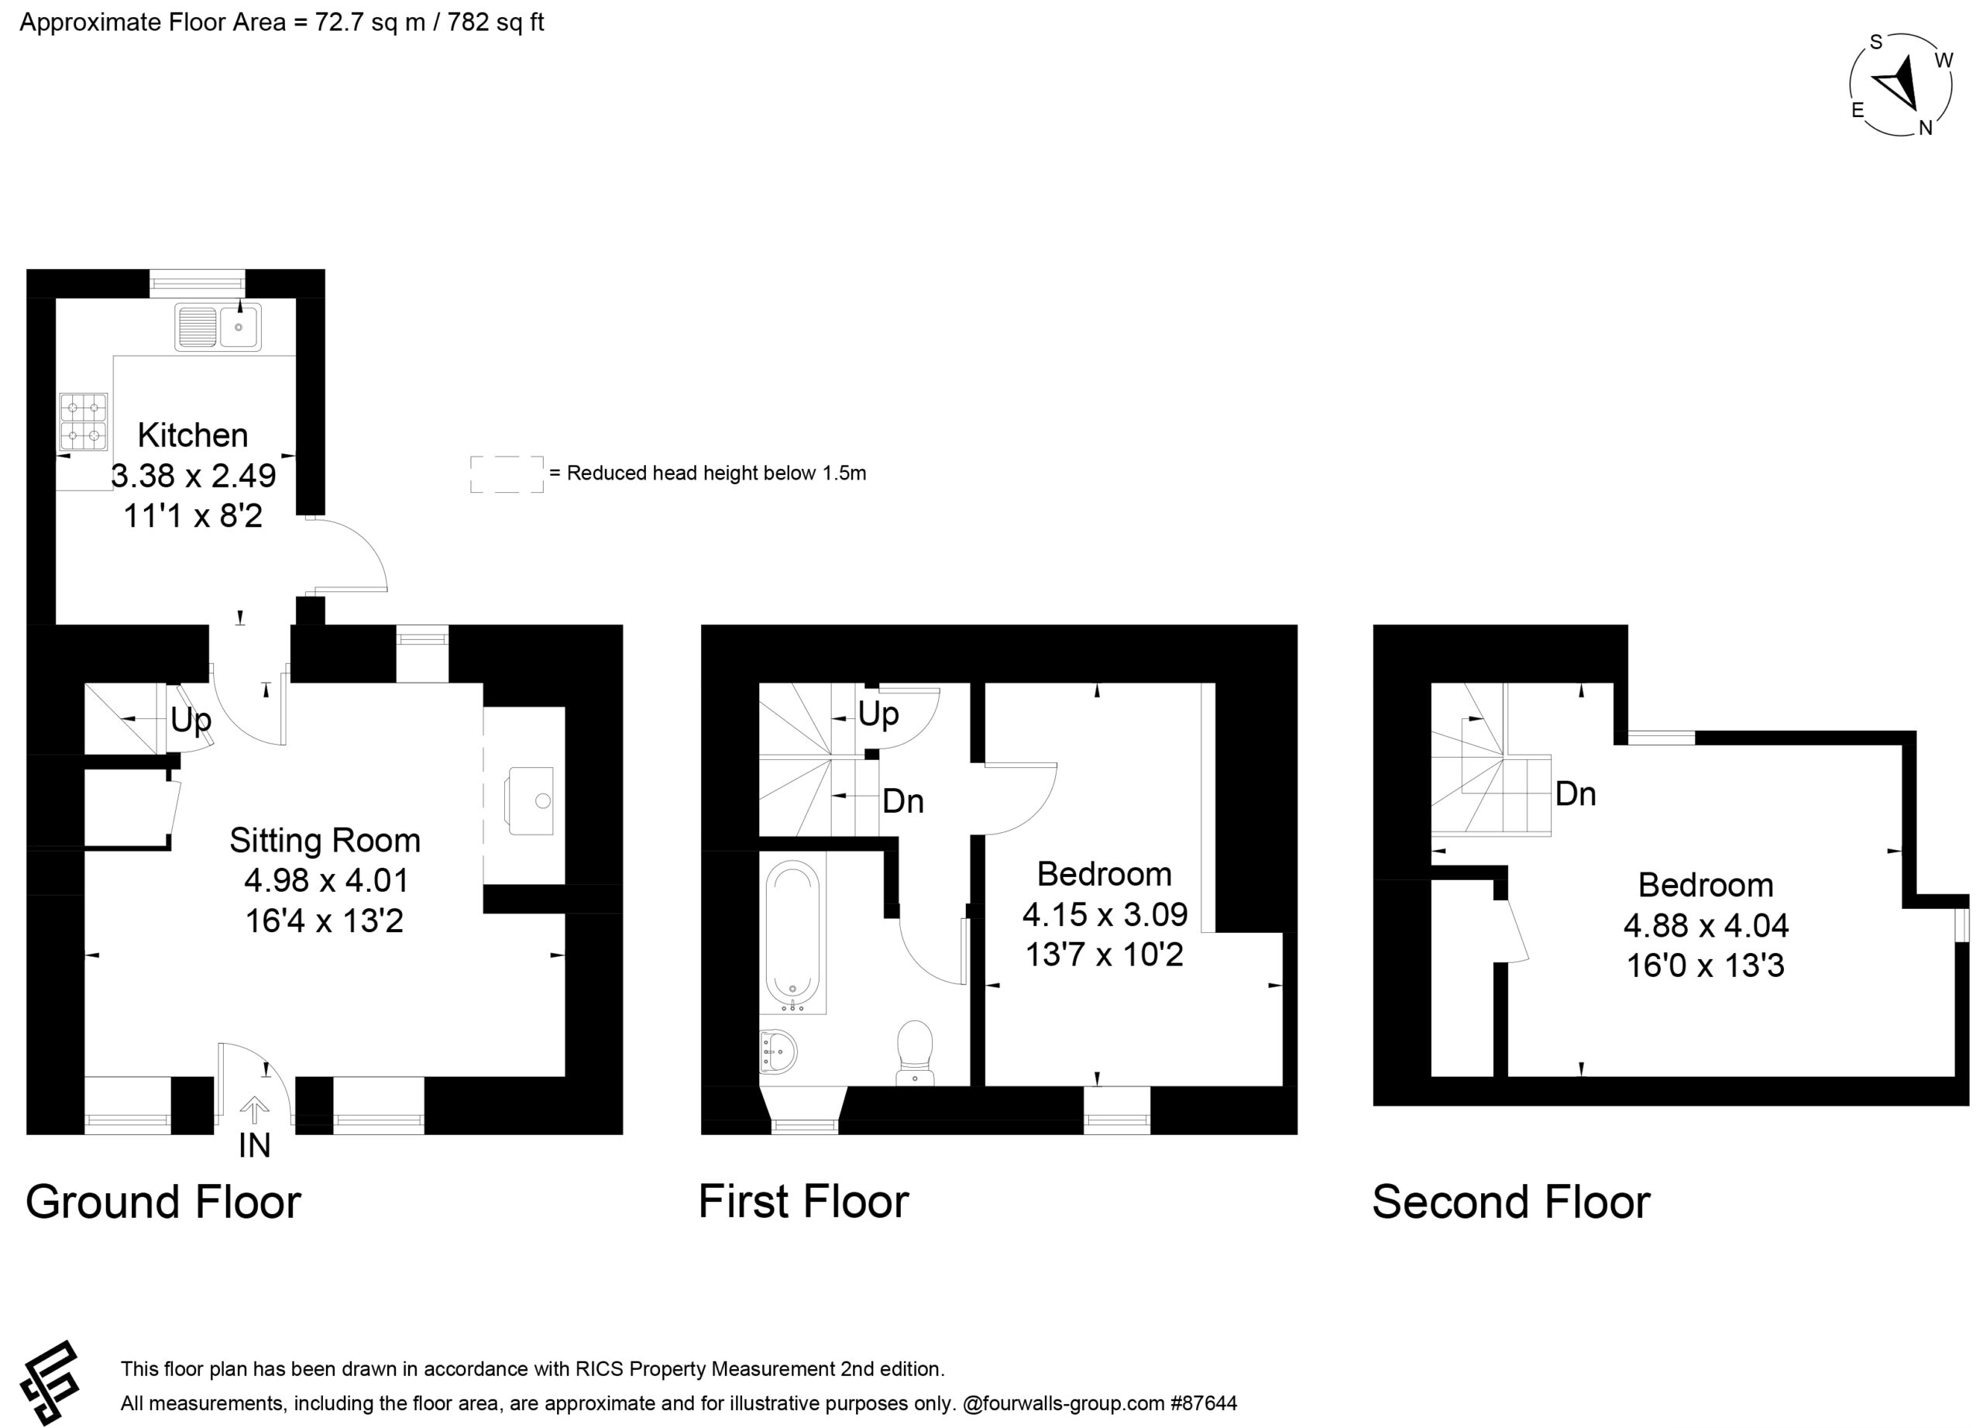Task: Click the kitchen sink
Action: pyautogui.click(x=218, y=327)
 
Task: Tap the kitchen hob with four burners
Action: pyautogui.click(x=84, y=422)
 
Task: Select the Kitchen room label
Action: pyautogui.click(x=193, y=435)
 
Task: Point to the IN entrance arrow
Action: pyautogui.click(x=254, y=1110)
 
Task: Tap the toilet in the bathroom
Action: pyautogui.click(x=916, y=1052)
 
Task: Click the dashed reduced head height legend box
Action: pyautogui.click(x=507, y=474)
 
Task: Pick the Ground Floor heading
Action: pyautogui.click(x=163, y=1202)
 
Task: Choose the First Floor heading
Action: pyautogui.click(x=803, y=1201)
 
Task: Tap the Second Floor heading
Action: pyautogui.click(x=1510, y=1202)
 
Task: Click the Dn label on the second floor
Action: pyautogui.click(x=1576, y=793)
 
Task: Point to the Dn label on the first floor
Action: pyautogui.click(x=903, y=800)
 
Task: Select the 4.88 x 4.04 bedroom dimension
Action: pyautogui.click(x=1706, y=924)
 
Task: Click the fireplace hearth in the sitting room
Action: pyautogui.click(x=530, y=801)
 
